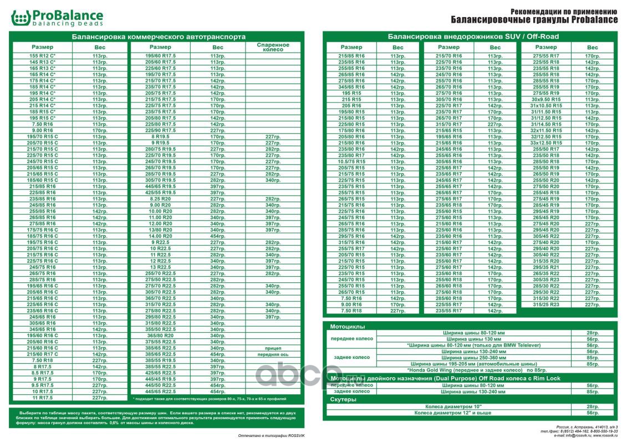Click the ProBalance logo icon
click(x=20, y=18)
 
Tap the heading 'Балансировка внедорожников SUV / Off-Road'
click(x=473, y=37)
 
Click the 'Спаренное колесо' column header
click(x=273, y=47)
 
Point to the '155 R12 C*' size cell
click(x=43, y=56)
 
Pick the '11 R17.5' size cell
click(x=43, y=398)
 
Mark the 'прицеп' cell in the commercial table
click(x=273, y=348)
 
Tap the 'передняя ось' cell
click(x=273, y=354)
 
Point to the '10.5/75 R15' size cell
click(x=351, y=162)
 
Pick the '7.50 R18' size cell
click(x=351, y=311)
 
